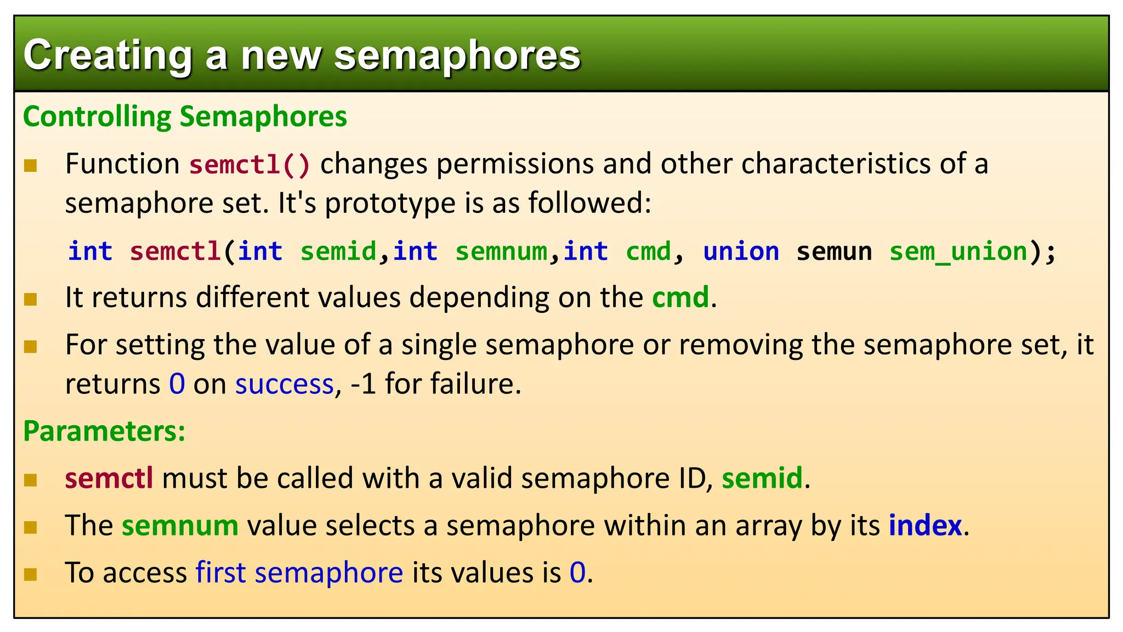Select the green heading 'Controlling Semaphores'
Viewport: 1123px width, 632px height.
185,117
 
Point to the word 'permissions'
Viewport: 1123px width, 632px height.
515,164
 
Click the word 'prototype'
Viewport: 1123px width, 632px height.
390,204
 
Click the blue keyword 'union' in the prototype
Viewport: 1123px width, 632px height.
741,252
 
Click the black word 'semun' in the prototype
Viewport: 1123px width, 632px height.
834,252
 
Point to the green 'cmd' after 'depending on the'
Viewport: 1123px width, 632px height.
680,297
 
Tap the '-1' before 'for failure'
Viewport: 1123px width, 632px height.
363,384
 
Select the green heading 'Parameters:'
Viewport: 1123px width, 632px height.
104,431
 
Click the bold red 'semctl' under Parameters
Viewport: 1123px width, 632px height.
109,478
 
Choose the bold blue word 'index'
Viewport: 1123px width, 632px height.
925,526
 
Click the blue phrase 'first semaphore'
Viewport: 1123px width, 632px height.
299,573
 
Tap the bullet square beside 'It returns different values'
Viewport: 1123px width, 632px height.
31,300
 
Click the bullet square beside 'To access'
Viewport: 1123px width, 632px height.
31,574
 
